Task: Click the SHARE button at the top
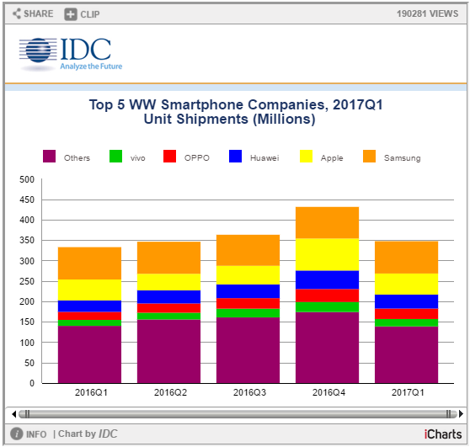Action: click(x=33, y=13)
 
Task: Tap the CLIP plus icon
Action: click(x=71, y=14)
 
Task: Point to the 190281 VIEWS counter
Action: click(x=427, y=13)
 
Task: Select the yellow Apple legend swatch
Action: click(x=306, y=156)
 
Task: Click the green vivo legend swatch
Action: click(x=115, y=156)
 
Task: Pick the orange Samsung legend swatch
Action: click(x=369, y=156)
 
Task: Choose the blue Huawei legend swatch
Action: click(x=235, y=156)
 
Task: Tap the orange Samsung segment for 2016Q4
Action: click(x=327, y=222)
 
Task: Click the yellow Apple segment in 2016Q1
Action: click(x=89, y=290)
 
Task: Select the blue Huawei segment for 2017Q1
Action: click(x=406, y=301)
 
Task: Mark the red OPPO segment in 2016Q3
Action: click(x=248, y=303)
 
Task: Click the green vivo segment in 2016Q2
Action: click(x=168, y=316)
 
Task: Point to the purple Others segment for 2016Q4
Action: click(x=327, y=348)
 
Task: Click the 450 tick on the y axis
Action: click(x=27, y=200)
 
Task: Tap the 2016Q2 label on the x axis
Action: click(x=170, y=392)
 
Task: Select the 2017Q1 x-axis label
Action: click(x=408, y=392)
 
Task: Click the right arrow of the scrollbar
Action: click(x=461, y=414)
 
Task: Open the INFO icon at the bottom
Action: click(x=17, y=434)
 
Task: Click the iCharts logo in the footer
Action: click(x=443, y=434)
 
